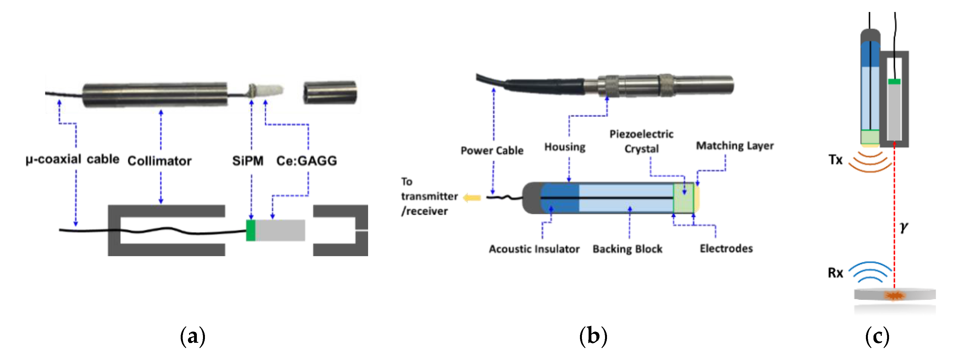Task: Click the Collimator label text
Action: tap(159, 161)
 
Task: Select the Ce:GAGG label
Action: tap(306, 161)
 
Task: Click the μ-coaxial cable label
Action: tap(72, 159)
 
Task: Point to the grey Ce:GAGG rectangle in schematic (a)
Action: tap(280, 230)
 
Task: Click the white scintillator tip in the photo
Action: tap(273, 90)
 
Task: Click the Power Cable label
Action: tap(492, 151)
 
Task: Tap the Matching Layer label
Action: tap(735, 146)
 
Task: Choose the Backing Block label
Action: tap(627, 249)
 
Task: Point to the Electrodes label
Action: tap(726, 249)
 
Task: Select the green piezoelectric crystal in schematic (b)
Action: tap(684, 198)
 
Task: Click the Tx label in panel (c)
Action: tap(835, 160)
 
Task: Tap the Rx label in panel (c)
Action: tap(835, 273)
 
